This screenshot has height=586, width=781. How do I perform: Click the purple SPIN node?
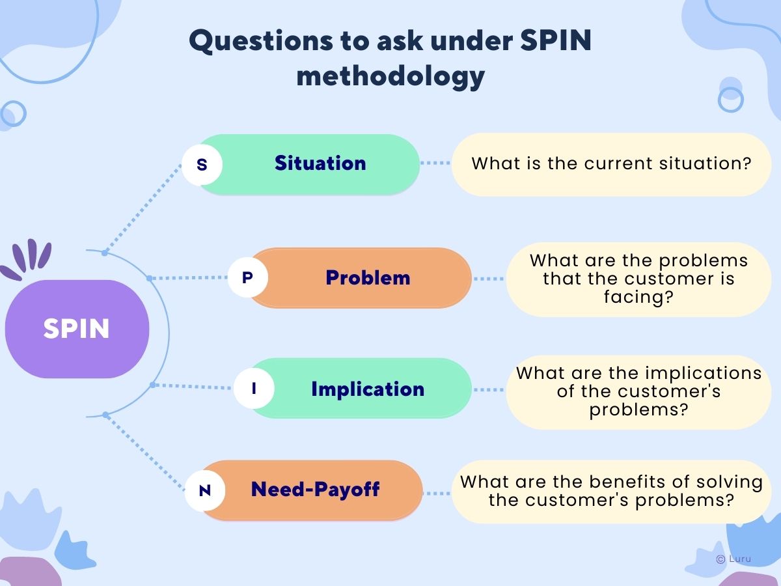(x=77, y=329)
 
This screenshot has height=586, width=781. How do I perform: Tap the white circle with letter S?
(x=202, y=164)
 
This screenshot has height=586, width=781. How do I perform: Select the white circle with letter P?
(x=248, y=277)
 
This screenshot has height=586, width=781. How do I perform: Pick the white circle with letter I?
(x=254, y=388)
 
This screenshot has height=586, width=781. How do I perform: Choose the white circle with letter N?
(x=205, y=491)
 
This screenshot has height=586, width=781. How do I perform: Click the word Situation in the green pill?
(x=320, y=163)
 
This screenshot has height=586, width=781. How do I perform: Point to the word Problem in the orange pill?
(x=368, y=277)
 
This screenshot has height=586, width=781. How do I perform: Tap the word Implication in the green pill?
(x=368, y=389)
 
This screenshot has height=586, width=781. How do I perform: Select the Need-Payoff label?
(x=315, y=489)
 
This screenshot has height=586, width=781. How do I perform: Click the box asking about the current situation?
(x=612, y=164)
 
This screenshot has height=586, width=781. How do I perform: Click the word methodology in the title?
(x=390, y=76)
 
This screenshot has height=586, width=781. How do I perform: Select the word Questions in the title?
(x=261, y=41)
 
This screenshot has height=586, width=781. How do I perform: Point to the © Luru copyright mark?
(x=733, y=559)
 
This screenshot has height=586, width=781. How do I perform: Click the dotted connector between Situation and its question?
(x=435, y=163)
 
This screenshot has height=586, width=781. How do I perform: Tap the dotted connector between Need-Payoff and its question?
(x=437, y=494)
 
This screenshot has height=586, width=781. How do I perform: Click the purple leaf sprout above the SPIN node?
(x=26, y=258)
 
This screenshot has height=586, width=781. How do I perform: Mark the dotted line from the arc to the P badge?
(x=188, y=277)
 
